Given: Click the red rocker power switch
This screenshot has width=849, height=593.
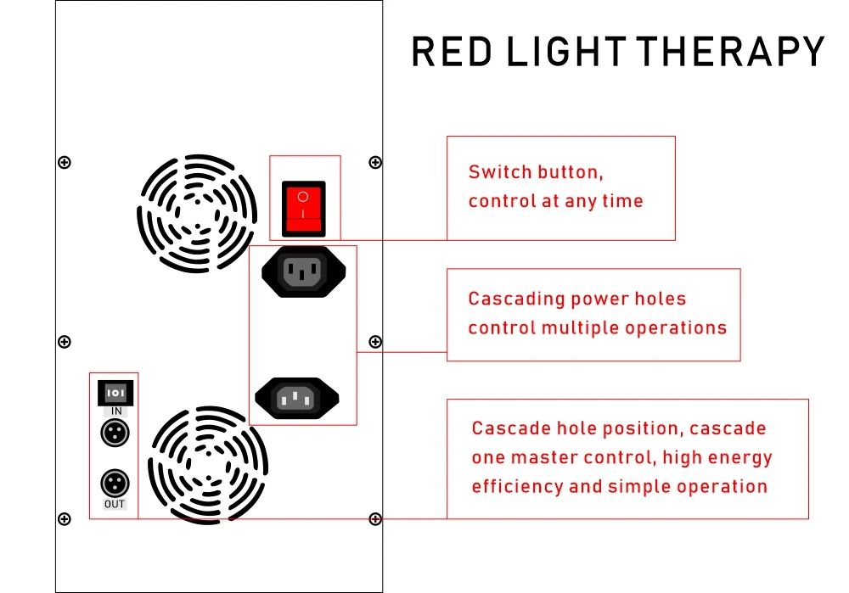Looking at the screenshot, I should tap(303, 207).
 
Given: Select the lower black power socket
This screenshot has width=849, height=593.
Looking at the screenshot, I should tap(297, 398).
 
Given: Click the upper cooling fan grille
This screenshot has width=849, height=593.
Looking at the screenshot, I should tap(196, 213).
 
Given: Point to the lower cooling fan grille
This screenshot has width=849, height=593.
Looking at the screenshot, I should tap(208, 464).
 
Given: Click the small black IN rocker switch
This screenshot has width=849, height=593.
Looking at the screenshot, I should tap(115, 393).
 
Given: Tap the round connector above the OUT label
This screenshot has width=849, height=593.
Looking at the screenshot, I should tap(114, 484).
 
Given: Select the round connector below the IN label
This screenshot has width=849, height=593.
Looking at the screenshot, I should tap(114, 434).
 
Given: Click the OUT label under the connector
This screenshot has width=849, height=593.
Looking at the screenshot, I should tap(115, 504).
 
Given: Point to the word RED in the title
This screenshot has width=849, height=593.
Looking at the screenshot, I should tap(452, 52).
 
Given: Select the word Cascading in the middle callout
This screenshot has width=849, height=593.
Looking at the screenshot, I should tap(516, 299).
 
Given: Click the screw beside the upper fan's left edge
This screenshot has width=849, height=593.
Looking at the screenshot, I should tap(64, 162).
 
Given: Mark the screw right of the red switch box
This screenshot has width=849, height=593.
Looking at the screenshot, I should tap(375, 162).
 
